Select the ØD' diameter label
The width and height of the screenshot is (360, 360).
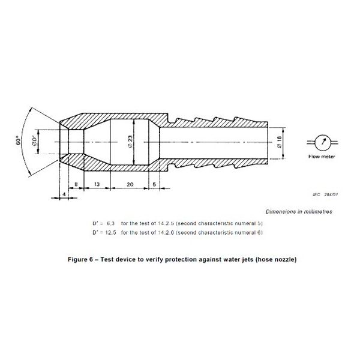coord(34,142)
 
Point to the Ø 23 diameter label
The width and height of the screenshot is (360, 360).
coord(130,142)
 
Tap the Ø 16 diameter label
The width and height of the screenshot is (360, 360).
coord(279,142)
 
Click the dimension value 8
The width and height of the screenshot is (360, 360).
coord(76,184)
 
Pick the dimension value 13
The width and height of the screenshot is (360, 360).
coord(97,184)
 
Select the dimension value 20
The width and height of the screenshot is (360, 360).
coord(130,184)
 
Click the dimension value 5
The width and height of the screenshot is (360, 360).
coord(154,184)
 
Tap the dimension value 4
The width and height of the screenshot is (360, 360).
coord(64,194)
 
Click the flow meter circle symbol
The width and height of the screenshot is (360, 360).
coord(322,142)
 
